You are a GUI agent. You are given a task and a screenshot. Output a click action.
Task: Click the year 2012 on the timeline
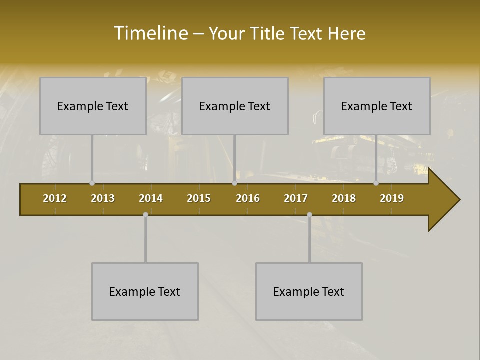[x=55, y=198]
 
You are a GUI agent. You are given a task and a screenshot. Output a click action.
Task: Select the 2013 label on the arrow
[x=103, y=198]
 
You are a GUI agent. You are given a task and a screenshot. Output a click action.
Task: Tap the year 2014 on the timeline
[x=151, y=198]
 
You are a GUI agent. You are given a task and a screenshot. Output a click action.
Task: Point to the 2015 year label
[x=199, y=198]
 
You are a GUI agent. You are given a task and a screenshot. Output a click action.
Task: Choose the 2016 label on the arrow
[x=248, y=198]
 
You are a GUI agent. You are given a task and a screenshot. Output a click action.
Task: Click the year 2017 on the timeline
[x=296, y=198]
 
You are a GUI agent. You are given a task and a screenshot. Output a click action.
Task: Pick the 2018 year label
[x=344, y=198]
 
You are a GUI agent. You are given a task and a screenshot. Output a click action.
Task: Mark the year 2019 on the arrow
[x=392, y=198]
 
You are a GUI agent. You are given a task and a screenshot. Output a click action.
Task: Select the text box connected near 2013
[x=93, y=106]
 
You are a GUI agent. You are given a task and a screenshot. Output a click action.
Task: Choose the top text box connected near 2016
[x=235, y=106]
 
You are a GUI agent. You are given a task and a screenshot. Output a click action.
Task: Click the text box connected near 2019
[x=377, y=106]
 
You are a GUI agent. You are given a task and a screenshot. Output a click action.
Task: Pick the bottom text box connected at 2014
[x=145, y=291]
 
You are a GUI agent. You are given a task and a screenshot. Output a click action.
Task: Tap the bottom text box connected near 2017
[x=309, y=291]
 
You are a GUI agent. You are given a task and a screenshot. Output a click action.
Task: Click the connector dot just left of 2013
[x=92, y=183]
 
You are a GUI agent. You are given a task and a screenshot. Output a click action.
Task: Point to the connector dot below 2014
[x=145, y=214]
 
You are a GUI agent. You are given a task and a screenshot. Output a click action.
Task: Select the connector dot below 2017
[x=309, y=214]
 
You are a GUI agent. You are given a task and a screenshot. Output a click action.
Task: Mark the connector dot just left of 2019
[x=376, y=183]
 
